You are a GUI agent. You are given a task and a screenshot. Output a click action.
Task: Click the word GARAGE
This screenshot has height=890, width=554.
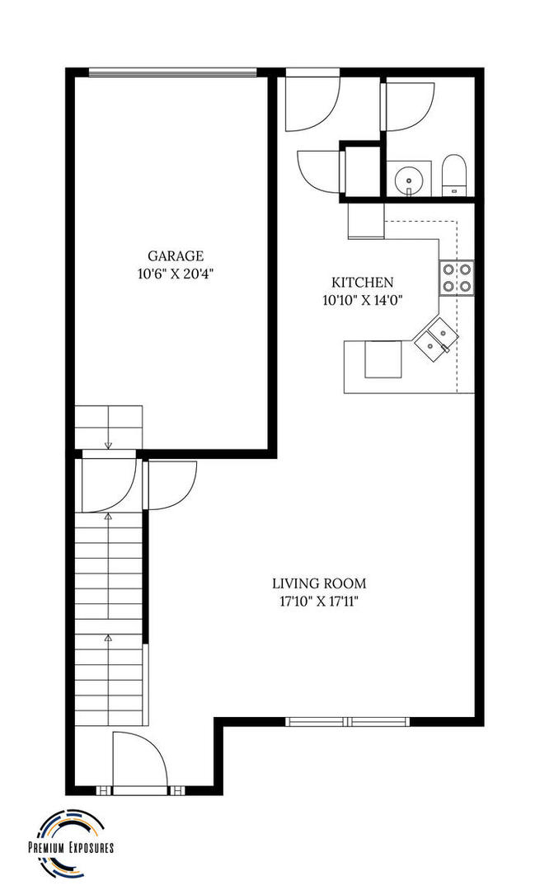(176, 256)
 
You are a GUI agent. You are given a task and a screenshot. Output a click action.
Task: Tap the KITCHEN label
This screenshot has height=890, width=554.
(362, 282)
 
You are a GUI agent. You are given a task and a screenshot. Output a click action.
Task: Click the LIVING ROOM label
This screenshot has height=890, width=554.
(319, 583)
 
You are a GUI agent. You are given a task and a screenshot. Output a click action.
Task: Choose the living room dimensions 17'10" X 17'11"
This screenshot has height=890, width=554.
(319, 602)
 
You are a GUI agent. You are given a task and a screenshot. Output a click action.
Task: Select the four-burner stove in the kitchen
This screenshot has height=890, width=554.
(456, 277)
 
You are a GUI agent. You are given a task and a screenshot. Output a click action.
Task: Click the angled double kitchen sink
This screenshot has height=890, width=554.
(434, 339)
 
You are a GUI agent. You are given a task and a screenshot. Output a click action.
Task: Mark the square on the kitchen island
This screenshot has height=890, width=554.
(383, 359)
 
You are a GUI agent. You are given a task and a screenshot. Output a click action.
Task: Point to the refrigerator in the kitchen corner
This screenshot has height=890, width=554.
(365, 221)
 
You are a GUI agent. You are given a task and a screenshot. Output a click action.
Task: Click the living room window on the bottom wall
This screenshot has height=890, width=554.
(348, 722)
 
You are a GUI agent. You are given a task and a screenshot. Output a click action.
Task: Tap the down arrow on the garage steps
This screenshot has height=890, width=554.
(108, 444)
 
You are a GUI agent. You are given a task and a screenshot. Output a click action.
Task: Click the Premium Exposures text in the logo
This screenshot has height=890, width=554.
(71, 847)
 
